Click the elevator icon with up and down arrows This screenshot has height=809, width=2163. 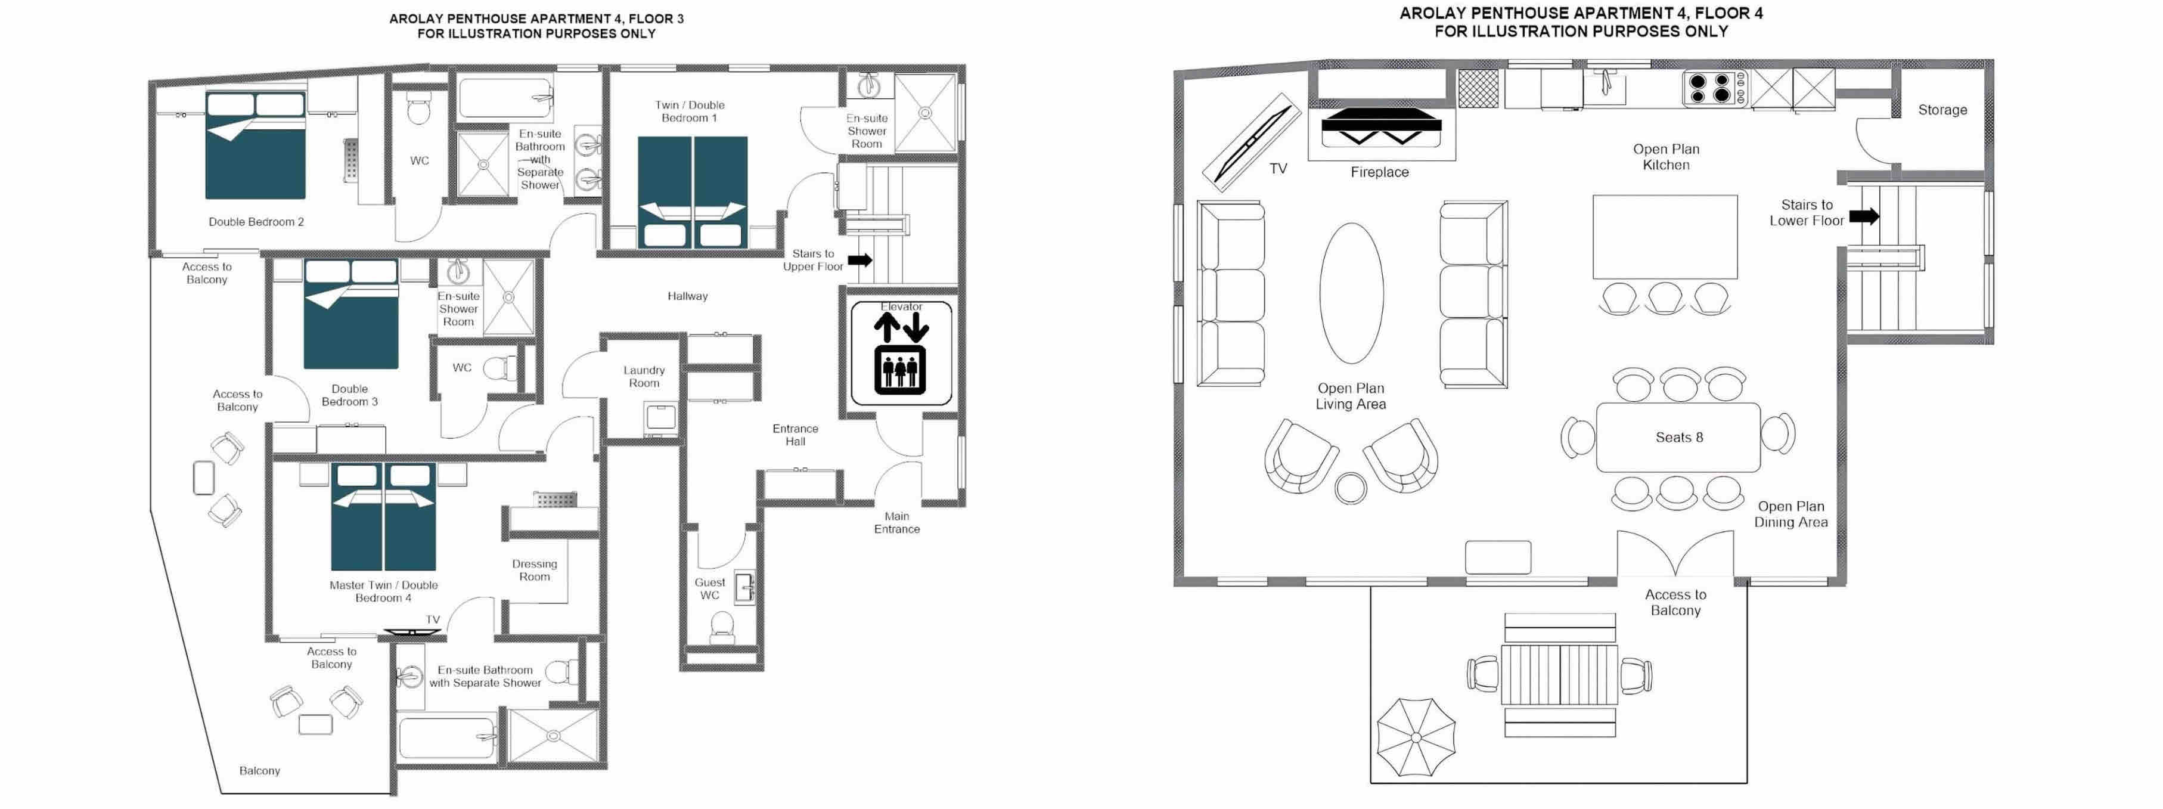(901, 354)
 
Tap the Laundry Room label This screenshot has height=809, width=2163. (644, 376)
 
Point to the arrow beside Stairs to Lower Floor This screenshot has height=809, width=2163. (1864, 216)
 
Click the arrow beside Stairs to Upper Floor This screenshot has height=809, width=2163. (860, 261)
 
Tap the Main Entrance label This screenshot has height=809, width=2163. (897, 522)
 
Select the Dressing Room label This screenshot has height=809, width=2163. (534, 571)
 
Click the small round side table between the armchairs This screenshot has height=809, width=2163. (1351, 488)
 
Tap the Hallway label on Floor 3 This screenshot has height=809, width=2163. (688, 296)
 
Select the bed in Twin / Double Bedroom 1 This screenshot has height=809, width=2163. (692, 193)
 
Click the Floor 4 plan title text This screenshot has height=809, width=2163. (1581, 23)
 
